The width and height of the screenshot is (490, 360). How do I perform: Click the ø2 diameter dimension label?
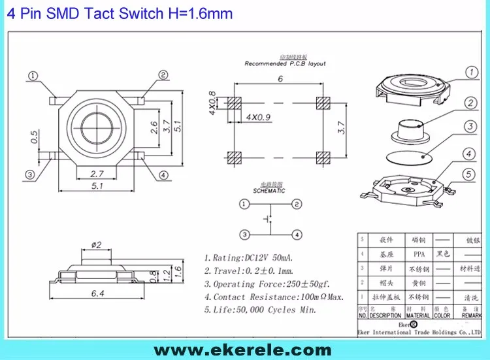tap(95, 244)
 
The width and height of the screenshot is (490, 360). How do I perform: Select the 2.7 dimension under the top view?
tap(96, 174)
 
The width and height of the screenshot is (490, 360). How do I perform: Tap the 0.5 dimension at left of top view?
tap(34, 137)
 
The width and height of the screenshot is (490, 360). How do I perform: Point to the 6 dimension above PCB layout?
tap(280, 79)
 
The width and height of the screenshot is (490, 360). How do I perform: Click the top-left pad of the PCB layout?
tap(231, 103)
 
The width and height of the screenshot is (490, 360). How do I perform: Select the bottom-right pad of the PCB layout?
tap(321, 157)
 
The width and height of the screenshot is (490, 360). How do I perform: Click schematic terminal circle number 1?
tap(244, 205)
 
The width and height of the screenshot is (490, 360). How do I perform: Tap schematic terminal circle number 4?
tap(297, 234)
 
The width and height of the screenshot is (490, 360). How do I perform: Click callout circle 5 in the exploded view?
tap(468, 174)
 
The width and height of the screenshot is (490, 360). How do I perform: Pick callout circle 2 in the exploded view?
tap(468, 103)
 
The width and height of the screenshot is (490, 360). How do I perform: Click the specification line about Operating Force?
tap(266, 284)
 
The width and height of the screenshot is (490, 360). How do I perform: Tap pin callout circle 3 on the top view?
tap(30, 174)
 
